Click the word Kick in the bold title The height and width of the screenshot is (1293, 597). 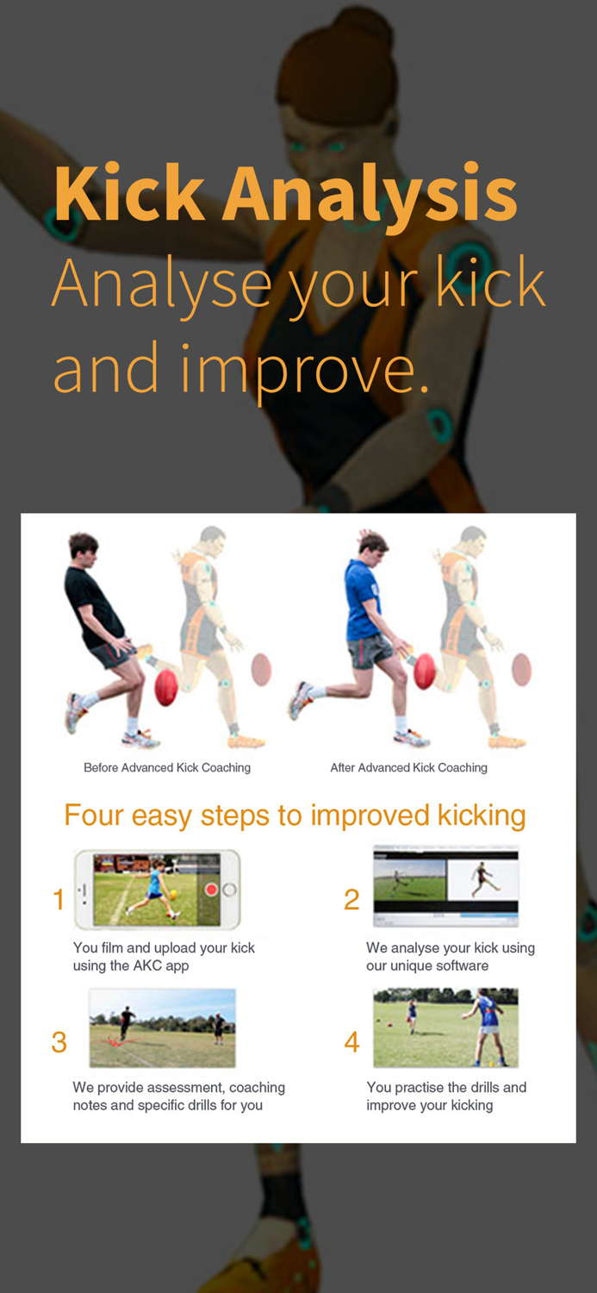tap(128, 193)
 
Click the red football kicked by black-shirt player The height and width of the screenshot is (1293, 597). tap(165, 687)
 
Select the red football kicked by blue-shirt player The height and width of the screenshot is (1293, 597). tap(425, 671)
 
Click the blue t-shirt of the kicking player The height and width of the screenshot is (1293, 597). tap(363, 599)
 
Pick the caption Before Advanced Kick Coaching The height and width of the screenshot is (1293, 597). tap(167, 767)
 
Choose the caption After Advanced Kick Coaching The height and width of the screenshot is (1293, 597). tap(408, 767)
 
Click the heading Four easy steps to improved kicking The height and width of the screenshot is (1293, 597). tap(295, 815)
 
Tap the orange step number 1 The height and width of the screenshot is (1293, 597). tap(59, 900)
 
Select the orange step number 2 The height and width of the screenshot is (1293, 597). tap(351, 900)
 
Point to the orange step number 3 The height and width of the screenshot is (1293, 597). tap(59, 1042)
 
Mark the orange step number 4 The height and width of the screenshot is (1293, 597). tap(351, 1042)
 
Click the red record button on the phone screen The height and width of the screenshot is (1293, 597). tap(211, 890)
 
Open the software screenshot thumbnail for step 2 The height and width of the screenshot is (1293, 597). tap(445, 886)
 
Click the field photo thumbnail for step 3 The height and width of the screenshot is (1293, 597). tap(162, 1028)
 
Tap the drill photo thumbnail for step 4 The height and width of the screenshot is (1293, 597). tap(445, 1028)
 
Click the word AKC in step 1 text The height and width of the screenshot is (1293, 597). tap(148, 965)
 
